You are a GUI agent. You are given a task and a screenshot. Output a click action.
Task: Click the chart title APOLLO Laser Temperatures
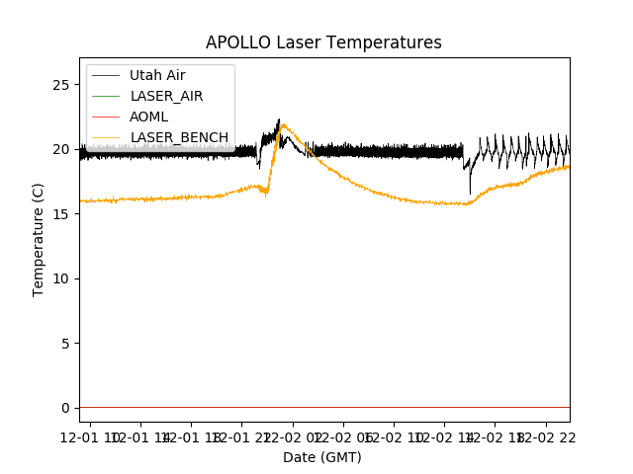(x=323, y=42)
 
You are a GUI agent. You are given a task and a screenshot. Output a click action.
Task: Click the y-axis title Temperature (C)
(x=39, y=240)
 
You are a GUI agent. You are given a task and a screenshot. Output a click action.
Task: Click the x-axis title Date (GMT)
(x=322, y=457)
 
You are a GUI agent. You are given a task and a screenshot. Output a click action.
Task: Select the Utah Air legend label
(x=157, y=75)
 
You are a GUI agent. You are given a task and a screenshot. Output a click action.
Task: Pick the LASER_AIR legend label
(x=166, y=96)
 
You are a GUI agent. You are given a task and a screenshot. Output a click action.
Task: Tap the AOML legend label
(x=149, y=117)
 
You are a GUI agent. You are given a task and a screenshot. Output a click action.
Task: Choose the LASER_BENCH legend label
(x=179, y=137)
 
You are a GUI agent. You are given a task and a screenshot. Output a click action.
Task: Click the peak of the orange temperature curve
(x=284, y=124)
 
